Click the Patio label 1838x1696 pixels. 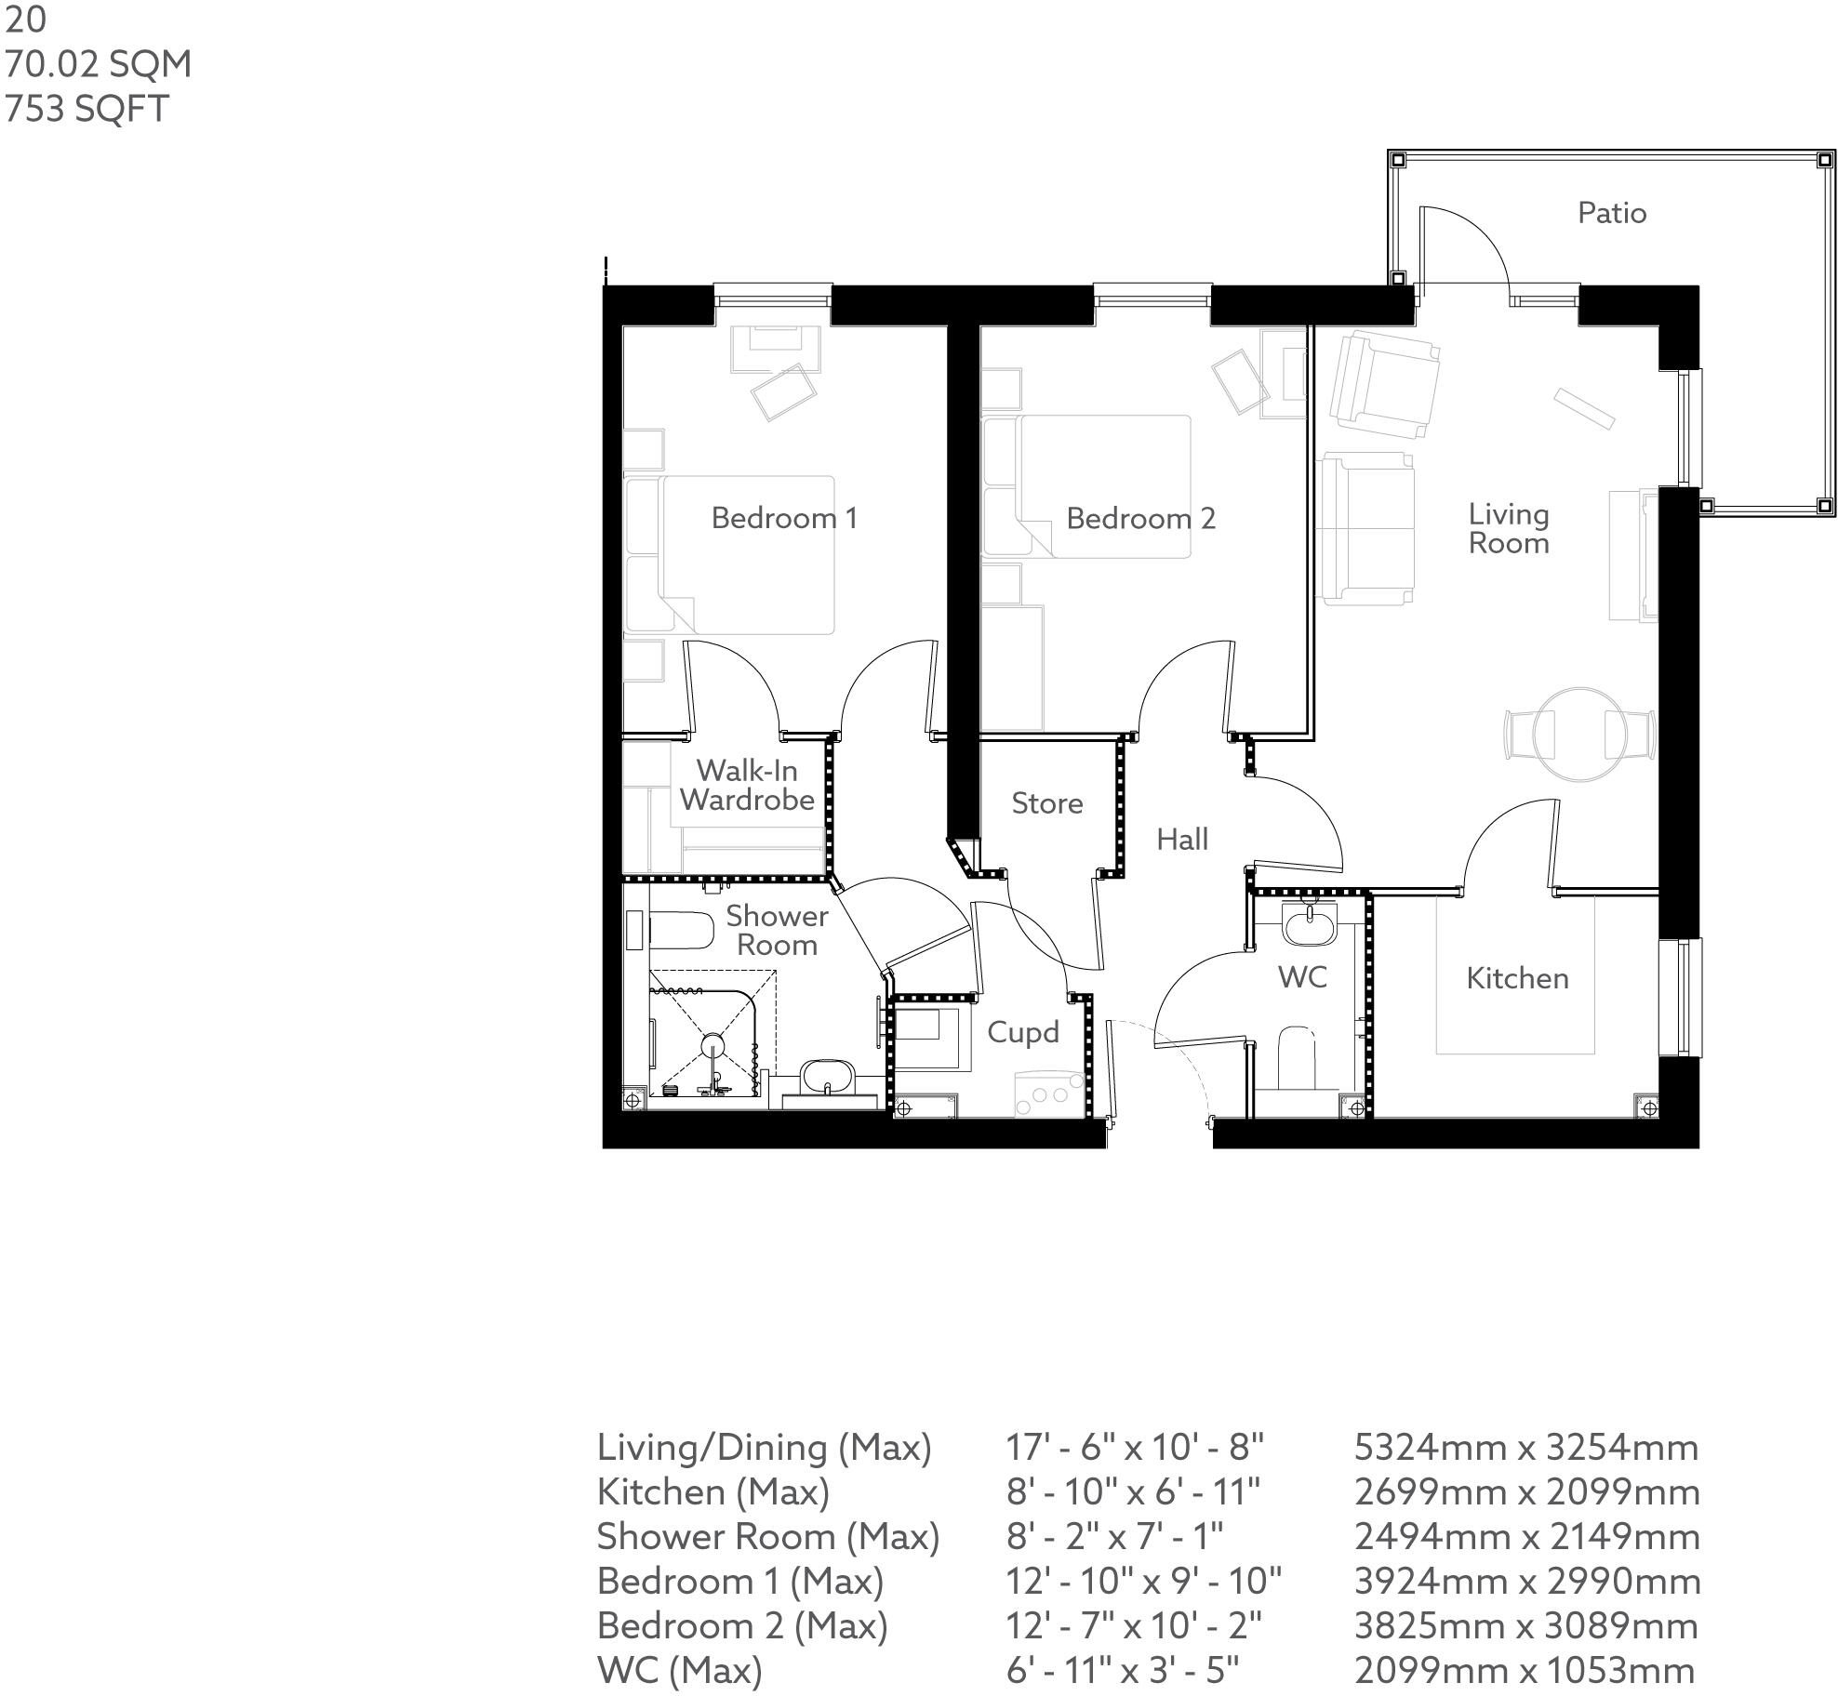(1611, 213)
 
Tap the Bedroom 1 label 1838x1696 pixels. (783, 518)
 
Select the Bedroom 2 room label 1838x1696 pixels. (1140, 518)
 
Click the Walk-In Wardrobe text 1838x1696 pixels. (746, 785)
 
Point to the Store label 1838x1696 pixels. (1046, 803)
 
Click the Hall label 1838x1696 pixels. (1181, 840)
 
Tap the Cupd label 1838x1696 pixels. (1022, 1032)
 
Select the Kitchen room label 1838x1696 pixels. (1516, 978)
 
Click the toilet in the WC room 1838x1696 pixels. (1297, 1057)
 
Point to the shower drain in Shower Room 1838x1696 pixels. (713, 1042)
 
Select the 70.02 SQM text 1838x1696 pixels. (99, 64)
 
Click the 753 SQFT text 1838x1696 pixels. (87, 109)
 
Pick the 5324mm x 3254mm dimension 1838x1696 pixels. (1525, 1447)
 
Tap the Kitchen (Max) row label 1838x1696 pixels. (713, 1491)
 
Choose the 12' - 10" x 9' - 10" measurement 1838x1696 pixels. (1143, 1581)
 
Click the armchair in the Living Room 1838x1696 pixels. (1383, 384)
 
